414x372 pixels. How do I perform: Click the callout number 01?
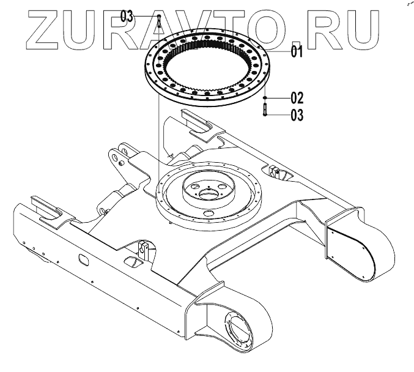click(297, 52)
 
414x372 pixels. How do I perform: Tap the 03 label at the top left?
click(127, 17)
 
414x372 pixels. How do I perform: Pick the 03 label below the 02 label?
click(297, 114)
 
